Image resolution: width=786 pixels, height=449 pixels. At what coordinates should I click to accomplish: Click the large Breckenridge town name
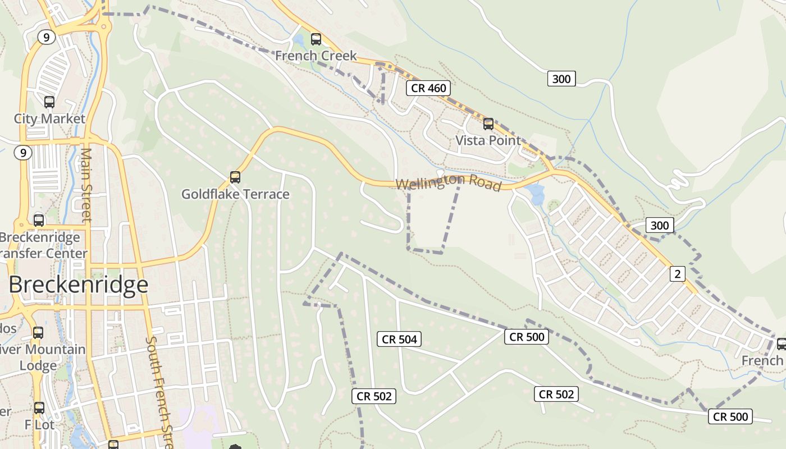coord(78,285)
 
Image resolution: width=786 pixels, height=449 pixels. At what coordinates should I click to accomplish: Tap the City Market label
coord(49,119)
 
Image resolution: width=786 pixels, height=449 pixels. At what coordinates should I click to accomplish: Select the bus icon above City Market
coord(49,102)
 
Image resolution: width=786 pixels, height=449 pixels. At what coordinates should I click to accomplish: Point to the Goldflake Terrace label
coord(235,195)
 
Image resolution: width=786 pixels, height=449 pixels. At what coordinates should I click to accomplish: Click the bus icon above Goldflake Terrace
coord(235,177)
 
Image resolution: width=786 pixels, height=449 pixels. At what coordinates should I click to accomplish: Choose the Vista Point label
coord(488,140)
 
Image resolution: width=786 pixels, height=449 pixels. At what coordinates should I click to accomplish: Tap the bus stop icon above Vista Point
coord(488,123)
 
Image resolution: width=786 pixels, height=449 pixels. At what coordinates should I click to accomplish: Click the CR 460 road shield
coord(429,88)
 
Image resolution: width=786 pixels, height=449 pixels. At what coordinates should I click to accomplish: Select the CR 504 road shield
coord(400,339)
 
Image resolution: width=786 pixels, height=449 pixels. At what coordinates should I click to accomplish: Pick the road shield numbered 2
coord(678,274)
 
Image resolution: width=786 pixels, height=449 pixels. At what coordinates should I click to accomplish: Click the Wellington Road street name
coord(448,183)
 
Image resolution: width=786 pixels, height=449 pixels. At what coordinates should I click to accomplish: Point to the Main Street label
coord(86,185)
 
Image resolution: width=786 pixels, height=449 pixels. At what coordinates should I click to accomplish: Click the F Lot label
coord(39,425)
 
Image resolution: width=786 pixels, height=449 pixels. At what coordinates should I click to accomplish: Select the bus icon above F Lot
coord(39,408)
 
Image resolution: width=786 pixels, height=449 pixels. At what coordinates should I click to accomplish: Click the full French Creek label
coord(316,56)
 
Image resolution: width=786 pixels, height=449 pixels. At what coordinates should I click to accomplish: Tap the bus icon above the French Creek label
coord(316,39)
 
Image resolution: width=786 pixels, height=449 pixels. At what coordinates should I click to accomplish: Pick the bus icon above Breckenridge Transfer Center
coord(39,221)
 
